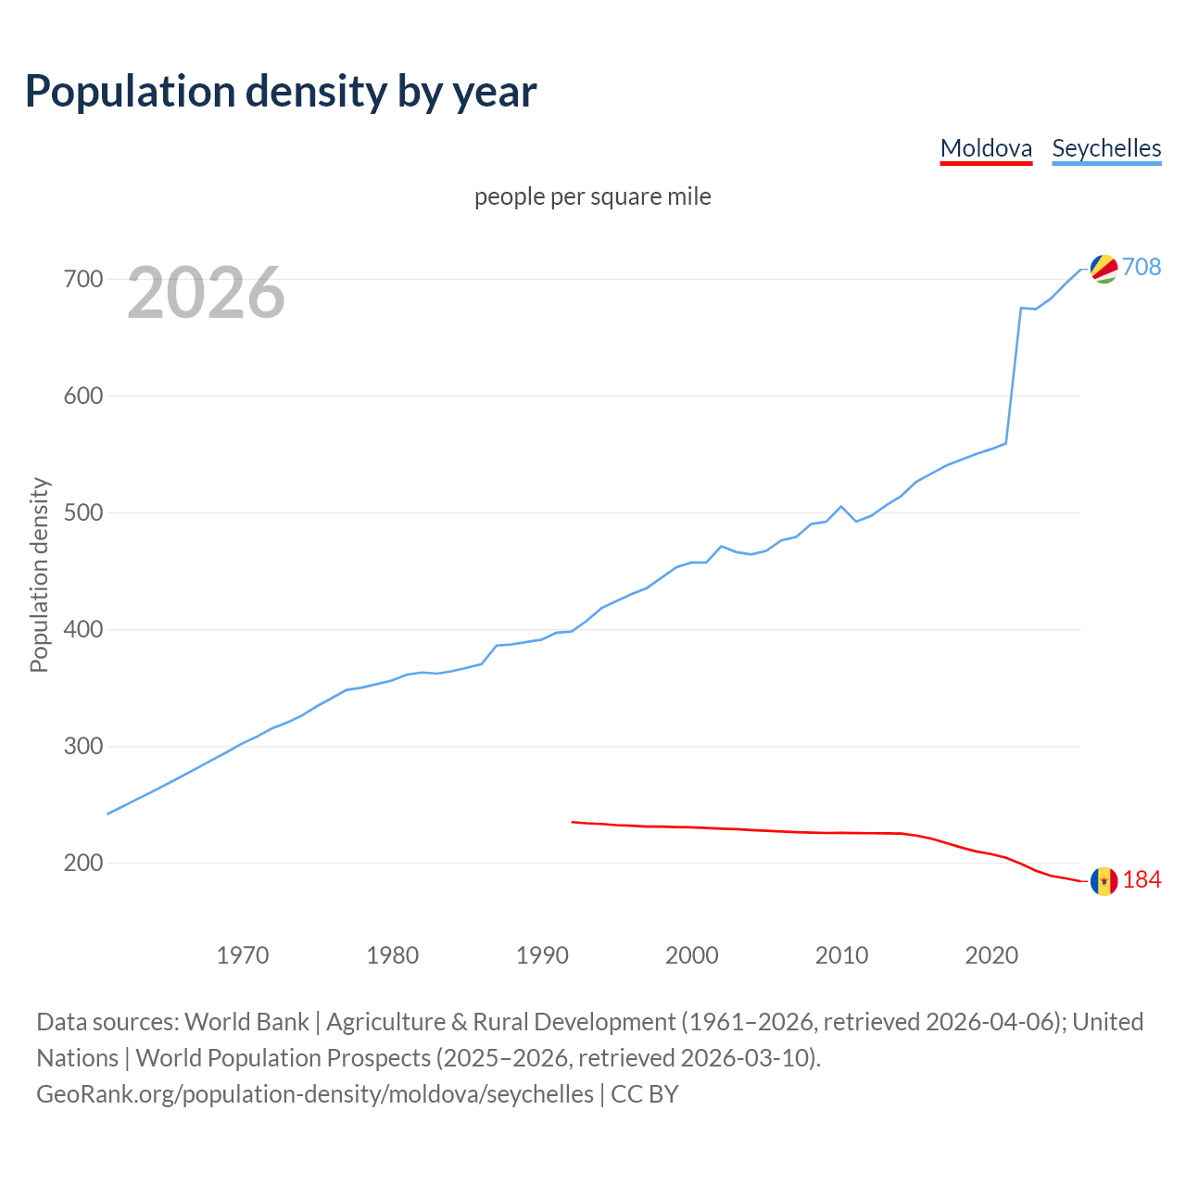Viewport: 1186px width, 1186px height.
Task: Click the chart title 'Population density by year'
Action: click(x=281, y=92)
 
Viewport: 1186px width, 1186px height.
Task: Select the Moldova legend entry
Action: click(x=986, y=148)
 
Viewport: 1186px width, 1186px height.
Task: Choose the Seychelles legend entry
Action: click(x=1106, y=148)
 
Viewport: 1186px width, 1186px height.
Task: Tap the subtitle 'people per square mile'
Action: click(x=592, y=196)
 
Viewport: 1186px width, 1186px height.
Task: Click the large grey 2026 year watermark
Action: click(x=206, y=293)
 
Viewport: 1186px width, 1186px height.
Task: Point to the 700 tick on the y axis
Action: click(x=83, y=279)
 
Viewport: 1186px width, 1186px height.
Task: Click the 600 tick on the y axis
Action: click(x=83, y=396)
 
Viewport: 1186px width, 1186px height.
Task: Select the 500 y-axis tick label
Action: click(x=83, y=512)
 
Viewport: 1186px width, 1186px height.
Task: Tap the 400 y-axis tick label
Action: click(x=83, y=629)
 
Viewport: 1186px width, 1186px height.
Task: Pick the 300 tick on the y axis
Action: click(x=83, y=746)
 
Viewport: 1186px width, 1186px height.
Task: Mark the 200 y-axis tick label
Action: click(x=83, y=863)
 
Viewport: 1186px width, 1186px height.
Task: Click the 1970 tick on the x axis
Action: click(x=243, y=955)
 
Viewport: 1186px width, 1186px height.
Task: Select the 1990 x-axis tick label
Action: click(x=542, y=955)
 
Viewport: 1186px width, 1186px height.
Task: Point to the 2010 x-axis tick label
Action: click(x=841, y=955)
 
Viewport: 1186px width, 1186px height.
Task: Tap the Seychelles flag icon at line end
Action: click(x=1104, y=268)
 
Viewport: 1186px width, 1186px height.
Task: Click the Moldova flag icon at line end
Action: click(x=1104, y=881)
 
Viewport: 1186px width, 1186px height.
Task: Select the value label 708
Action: click(x=1142, y=267)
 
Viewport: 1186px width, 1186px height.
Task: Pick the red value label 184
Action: click(x=1142, y=880)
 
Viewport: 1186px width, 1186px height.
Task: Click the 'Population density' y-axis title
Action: click(x=39, y=574)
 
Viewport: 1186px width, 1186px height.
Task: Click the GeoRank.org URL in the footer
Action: click(x=315, y=1094)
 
